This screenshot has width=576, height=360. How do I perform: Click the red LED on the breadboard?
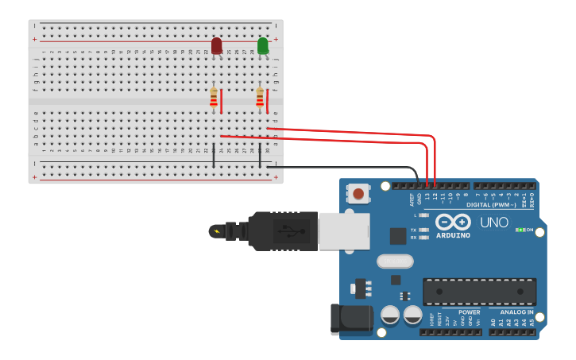point(217,46)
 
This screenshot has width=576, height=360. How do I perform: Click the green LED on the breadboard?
point(263,46)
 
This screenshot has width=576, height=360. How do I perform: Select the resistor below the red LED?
point(214,98)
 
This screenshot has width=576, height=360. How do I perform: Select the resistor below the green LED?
point(260,98)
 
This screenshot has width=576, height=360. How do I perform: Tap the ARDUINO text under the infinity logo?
point(453,235)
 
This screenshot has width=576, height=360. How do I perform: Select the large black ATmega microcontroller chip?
point(479,291)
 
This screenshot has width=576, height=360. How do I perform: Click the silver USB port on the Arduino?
point(344,230)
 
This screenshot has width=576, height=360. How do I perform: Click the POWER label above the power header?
point(469,312)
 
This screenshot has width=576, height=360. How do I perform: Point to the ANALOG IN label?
point(516,312)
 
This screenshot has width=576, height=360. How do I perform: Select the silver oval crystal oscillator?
point(395,261)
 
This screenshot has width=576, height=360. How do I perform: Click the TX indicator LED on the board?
point(423,230)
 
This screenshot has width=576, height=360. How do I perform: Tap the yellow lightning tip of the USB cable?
point(215,231)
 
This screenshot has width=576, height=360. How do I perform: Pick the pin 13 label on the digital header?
point(427,196)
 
